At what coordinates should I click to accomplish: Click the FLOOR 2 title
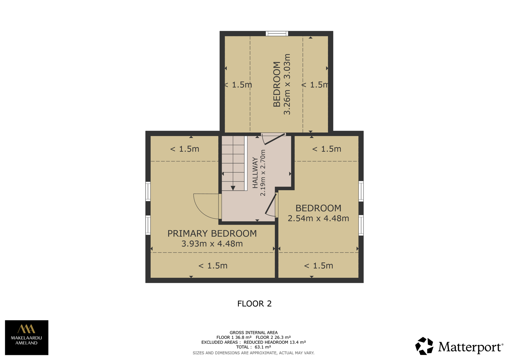pos(254,304)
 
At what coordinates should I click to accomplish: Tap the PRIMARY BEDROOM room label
pos(212,234)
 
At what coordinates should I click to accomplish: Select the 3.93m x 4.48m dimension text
pos(212,244)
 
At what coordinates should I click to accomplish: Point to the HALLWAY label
pos(255,173)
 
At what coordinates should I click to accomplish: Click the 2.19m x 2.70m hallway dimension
pos(263,173)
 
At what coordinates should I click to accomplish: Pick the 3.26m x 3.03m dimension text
pos(287,84)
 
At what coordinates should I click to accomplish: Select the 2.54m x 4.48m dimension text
pos(318,218)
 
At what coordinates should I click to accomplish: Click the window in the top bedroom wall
pos(277,34)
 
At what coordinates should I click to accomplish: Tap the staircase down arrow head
pos(233,188)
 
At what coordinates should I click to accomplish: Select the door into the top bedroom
pos(274,139)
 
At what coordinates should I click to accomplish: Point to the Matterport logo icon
pos(424,346)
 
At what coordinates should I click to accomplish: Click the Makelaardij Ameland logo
pos(27,337)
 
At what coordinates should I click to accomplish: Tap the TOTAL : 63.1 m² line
pos(254,347)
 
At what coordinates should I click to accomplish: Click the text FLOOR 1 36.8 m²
pos(234,337)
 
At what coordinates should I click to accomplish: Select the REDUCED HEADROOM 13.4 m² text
pos(275,342)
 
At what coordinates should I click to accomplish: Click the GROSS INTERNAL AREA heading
pos(254,333)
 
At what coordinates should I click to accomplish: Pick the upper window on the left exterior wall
pos(148,191)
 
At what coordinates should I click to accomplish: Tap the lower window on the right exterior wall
pos(361,225)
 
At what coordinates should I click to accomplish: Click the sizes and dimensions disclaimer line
pos(254,353)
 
